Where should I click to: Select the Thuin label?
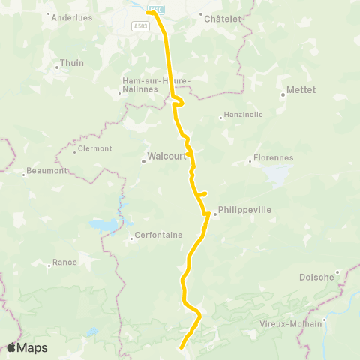pos(72,63)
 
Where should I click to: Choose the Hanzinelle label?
pos(243,115)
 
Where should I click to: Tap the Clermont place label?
pos(94,148)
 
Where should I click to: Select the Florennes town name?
pos(273,158)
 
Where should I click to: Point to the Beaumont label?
pos(47,170)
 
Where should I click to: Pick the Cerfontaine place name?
pos(159,235)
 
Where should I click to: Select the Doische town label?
pos(316,277)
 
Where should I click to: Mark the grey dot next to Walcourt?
pos(143,160)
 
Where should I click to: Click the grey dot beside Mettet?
pos(283,94)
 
